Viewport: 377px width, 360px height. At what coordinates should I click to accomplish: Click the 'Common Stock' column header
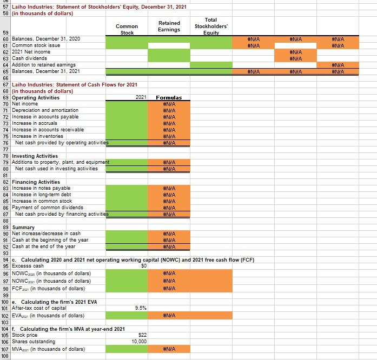[127, 29]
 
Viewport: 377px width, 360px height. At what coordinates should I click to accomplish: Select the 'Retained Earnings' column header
[169, 26]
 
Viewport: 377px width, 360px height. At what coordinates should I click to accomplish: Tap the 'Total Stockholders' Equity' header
[210, 26]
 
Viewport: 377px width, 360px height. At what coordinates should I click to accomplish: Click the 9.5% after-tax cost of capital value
[140, 308]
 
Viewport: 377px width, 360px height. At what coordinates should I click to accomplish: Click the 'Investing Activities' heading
[35, 156]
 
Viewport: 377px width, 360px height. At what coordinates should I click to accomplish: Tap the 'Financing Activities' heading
[36, 182]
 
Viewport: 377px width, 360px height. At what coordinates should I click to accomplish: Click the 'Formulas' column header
[169, 98]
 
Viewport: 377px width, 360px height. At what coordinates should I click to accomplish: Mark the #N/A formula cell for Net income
[169, 104]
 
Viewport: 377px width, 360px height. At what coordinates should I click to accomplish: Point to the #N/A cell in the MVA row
[169, 349]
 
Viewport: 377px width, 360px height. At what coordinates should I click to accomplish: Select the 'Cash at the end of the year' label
[44, 246]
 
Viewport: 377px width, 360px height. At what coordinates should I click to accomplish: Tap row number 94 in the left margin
[5, 260]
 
